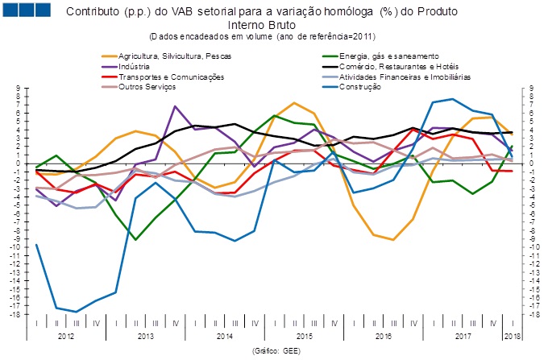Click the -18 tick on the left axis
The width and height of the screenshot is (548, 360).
(x=18, y=314)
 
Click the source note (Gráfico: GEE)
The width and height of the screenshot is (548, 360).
(x=275, y=352)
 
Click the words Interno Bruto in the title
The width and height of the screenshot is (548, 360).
(x=275, y=25)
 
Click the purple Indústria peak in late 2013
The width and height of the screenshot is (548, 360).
(x=175, y=106)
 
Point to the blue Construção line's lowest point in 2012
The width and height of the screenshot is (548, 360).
(x=77, y=312)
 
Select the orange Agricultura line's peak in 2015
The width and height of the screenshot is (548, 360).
(x=294, y=103)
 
